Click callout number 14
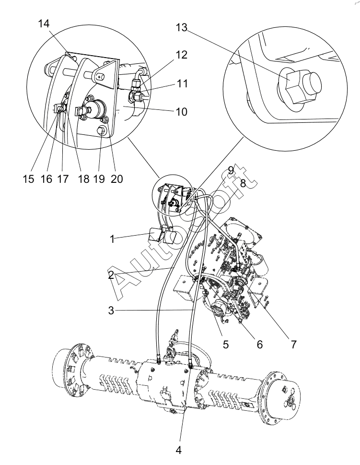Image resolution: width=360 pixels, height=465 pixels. pyautogui.click(x=44, y=24)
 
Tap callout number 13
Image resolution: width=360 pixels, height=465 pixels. pyautogui.click(x=181, y=27)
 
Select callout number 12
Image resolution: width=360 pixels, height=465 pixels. pyautogui.click(x=182, y=55)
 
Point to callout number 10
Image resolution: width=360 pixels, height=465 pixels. pyautogui.click(x=182, y=112)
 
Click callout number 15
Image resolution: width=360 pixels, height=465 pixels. pyautogui.click(x=29, y=179)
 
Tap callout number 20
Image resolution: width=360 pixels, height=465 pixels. pyautogui.click(x=117, y=179)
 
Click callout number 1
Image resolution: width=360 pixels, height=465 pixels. pyautogui.click(x=112, y=239)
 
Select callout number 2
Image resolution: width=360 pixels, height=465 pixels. pyautogui.click(x=111, y=275)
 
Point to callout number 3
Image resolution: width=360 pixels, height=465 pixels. pyautogui.click(x=111, y=310)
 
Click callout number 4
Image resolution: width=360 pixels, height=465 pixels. pyautogui.click(x=178, y=450)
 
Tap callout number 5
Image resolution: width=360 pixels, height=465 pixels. pyautogui.click(x=226, y=344)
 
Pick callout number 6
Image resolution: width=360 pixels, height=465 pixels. pyautogui.click(x=259, y=344)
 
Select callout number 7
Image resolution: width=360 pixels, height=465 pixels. pyautogui.click(x=293, y=344)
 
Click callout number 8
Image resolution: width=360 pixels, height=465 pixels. pyautogui.click(x=243, y=184)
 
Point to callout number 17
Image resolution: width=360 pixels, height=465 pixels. pyautogui.click(x=63, y=179)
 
